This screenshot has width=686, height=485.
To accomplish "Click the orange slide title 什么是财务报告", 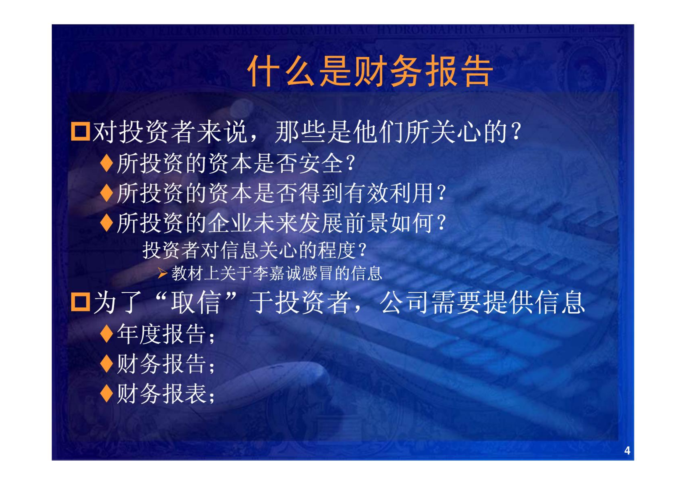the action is click(x=370, y=72).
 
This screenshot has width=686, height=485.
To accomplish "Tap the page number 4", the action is click(x=627, y=451).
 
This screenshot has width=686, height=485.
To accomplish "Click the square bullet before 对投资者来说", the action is click(x=80, y=131).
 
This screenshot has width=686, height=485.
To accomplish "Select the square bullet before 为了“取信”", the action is click(x=80, y=302).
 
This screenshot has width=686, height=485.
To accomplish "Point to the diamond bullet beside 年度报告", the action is click(x=107, y=333).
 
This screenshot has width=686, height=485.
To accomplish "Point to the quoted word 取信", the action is click(x=196, y=302).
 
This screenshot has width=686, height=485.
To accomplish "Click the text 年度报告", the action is click(x=161, y=334).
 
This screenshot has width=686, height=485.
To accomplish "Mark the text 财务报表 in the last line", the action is click(x=161, y=393).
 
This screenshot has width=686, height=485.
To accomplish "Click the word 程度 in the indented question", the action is click(x=337, y=250).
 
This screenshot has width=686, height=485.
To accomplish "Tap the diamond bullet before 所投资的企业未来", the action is click(x=107, y=223).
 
